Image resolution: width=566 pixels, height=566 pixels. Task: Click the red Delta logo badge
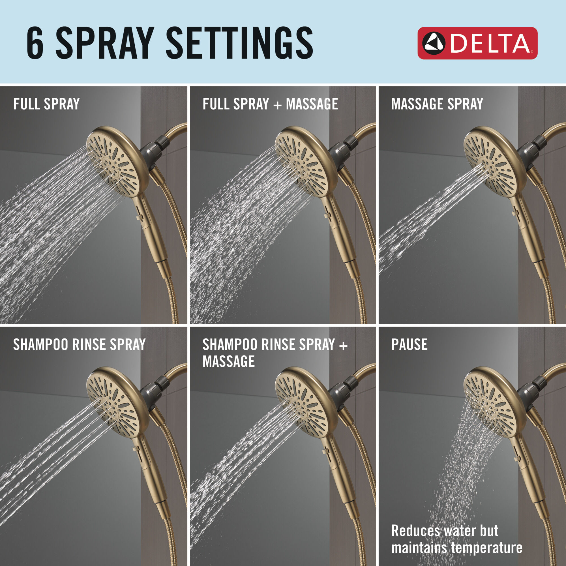(x=477, y=43)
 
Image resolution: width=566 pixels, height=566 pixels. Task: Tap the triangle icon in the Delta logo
(x=434, y=43)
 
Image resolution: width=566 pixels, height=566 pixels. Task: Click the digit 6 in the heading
(x=35, y=43)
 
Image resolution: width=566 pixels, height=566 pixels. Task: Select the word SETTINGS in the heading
(x=239, y=43)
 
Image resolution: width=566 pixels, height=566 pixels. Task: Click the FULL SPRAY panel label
(x=46, y=104)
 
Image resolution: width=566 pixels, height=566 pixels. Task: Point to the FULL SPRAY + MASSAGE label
(x=270, y=104)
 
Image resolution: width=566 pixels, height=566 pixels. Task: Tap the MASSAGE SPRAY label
(x=437, y=104)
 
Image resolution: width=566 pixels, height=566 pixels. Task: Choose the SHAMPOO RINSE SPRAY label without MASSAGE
(x=80, y=344)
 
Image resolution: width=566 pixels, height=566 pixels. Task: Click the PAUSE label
(x=409, y=344)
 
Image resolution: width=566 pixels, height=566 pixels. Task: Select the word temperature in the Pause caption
(x=487, y=548)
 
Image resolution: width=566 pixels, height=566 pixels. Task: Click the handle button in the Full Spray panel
(x=140, y=217)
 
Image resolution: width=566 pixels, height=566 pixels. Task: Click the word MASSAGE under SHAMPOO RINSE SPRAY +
(x=228, y=361)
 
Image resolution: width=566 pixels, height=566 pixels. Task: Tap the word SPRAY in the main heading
(x=105, y=43)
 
